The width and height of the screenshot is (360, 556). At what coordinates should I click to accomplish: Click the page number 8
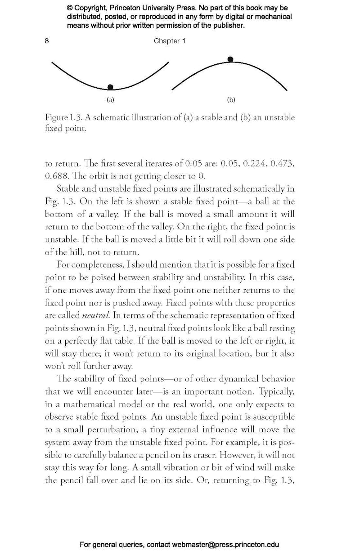(x=47, y=41)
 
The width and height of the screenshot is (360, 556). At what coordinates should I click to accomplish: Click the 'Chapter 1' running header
(x=169, y=41)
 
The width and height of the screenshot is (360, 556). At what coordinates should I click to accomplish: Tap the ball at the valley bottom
(x=110, y=87)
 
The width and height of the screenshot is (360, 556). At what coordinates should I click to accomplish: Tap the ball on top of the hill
(x=230, y=59)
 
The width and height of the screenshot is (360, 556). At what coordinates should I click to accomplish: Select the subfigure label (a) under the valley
(x=110, y=100)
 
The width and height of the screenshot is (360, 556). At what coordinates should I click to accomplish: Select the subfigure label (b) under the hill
(x=231, y=100)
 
